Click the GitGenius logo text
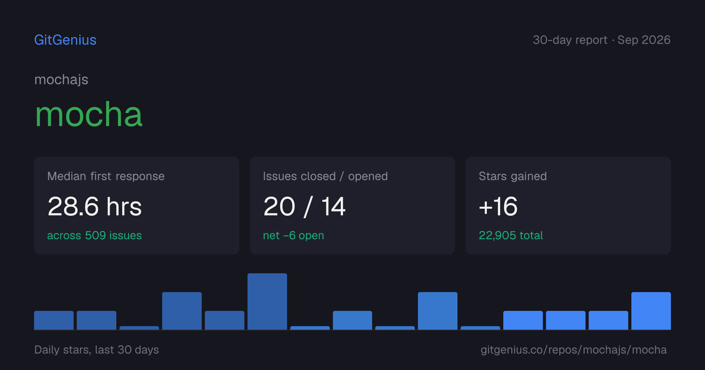point(65,40)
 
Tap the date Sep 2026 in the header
point(644,40)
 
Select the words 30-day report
point(570,40)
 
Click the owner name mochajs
point(61,80)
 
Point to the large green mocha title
point(89,115)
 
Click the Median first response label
point(106,176)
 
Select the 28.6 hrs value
point(94,206)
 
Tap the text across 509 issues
point(94,235)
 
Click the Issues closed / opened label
point(325,176)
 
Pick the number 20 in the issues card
point(279,206)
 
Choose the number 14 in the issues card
point(333,206)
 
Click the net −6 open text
point(293,235)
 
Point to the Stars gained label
point(513,176)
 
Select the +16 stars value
point(498,206)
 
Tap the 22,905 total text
point(511,235)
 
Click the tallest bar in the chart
point(267,301)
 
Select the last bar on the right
point(651,311)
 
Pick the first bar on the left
point(54,320)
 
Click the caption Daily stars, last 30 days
point(97,350)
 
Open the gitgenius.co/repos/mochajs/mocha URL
point(573,350)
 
